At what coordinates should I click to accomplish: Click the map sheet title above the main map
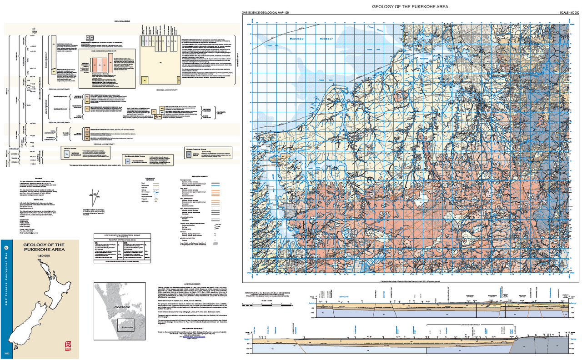coord(410,7)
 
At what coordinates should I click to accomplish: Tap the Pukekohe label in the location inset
coord(125,326)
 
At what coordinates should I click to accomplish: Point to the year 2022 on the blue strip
coord(6,353)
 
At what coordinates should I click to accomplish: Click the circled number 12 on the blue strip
coord(6,248)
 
